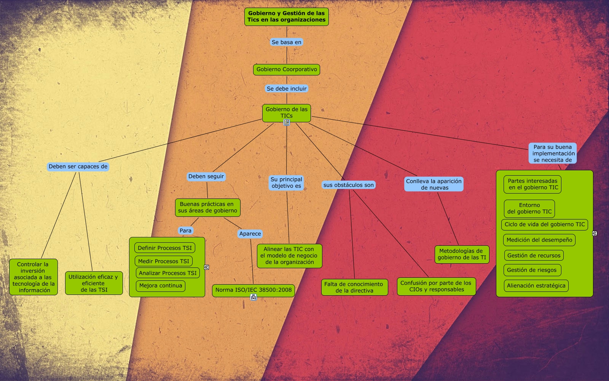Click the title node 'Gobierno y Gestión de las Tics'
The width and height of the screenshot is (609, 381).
pyautogui.click(x=286, y=16)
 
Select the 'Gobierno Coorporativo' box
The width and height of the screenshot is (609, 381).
pyautogui.click(x=286, y=69)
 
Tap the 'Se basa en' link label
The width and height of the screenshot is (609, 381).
pyautogui.click(x=286, y=42)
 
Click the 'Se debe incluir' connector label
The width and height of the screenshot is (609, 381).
pyautogui.click(x=286, y=88)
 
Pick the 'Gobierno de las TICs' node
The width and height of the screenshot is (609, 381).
pyautogui.click(x=286, y=112)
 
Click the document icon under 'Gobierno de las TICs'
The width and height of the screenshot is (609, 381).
pyautogui.click(x=287, y=122)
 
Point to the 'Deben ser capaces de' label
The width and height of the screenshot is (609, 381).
pyautogui.click(x=78, y=166)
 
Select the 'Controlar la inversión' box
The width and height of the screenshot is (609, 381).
pyautogui.click(x=33, y=277)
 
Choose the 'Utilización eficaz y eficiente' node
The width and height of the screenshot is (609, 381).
pyautogui.click(x=94, y=283)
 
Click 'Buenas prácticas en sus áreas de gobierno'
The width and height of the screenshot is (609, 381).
pyautogui.click(x=207, y=207)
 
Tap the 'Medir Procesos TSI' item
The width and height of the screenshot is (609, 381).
pyautogui.click(x=163, y=261)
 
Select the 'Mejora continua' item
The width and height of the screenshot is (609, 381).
pyautogui.click(x=161, y=286)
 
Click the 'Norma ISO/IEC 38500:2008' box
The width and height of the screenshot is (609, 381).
pyautogui.click(x=253, y=290)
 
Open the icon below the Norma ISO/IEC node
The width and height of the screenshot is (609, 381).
pyautogui.click(x=253, y=297)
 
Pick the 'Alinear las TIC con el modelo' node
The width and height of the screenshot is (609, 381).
pyautogui.click(x=289, y=256)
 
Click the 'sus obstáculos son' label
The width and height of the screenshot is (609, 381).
pyautogui.click(x=348, y=185)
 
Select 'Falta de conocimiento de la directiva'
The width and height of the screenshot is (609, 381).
pyautogui.click(x=354, y=287)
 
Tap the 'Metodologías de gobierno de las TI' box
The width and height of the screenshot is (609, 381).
pyautogui.click(x=462, y=254)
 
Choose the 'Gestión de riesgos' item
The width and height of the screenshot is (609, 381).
pyautogui.click(x=532, y=270)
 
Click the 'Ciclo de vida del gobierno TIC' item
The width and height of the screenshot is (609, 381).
pyautogui.click(x=544, y=224)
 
